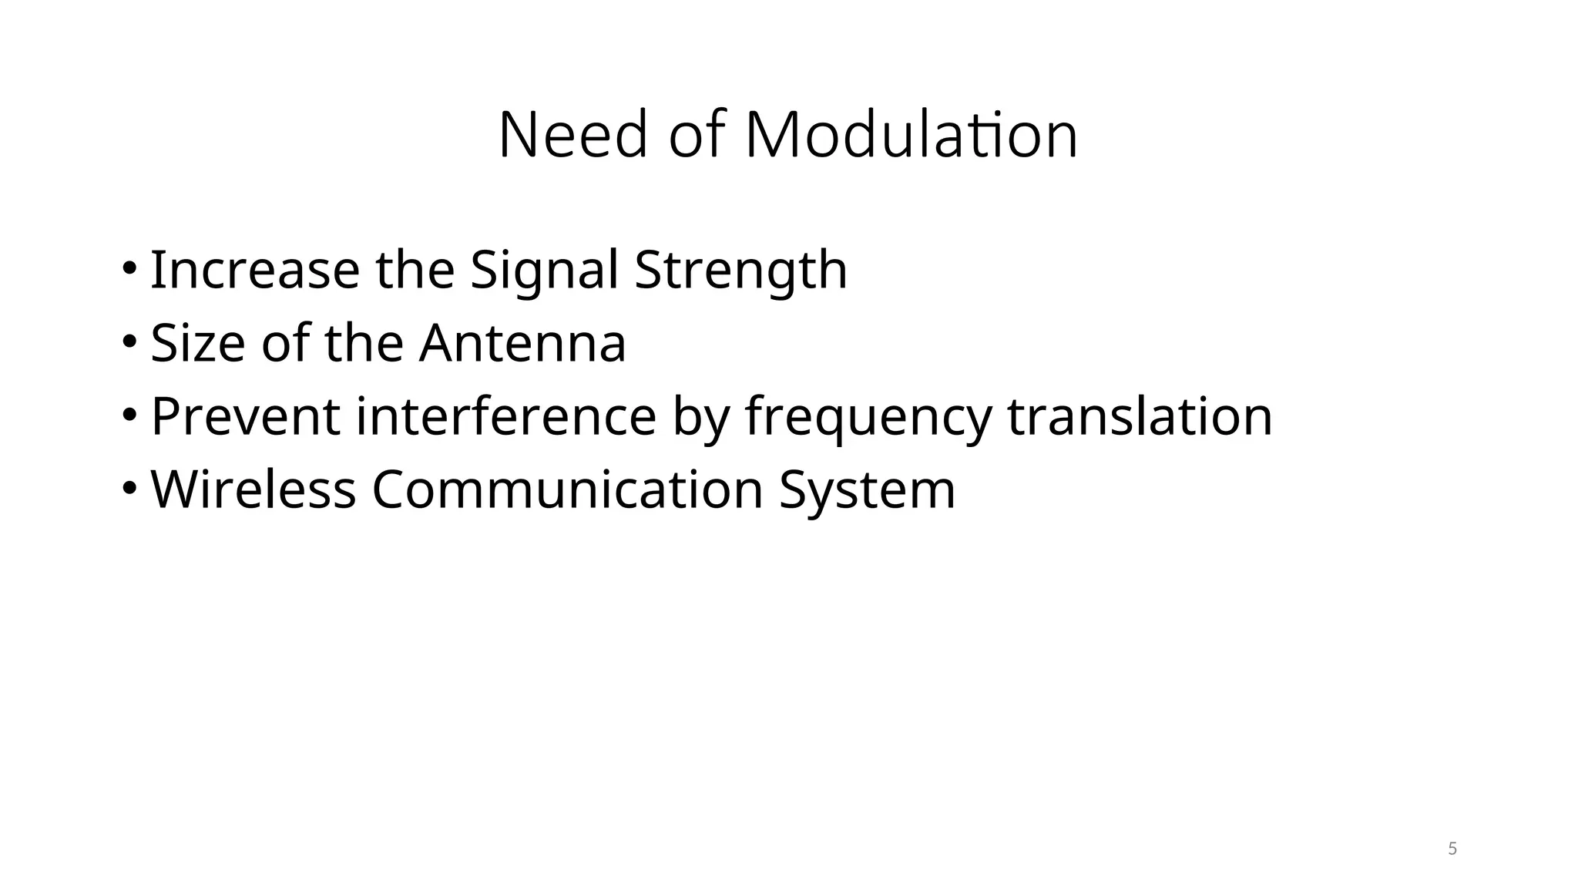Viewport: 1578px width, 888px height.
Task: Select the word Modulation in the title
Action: (911, 136)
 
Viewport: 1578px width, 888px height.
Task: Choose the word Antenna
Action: (522, 343)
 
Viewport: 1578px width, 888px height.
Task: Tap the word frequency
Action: (868, 416)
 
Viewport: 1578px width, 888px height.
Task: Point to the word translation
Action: (1140, 416)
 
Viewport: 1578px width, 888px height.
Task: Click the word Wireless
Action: (253, 489)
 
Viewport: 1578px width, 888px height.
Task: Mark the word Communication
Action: (567, 489)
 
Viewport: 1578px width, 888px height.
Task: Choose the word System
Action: (867, 489)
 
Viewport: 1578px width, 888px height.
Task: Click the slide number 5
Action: (1452, 849)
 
